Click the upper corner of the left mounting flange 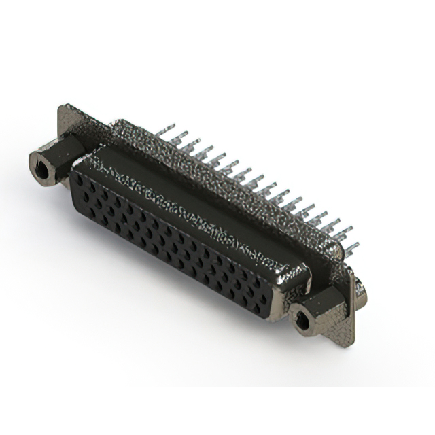coord(65,109)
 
